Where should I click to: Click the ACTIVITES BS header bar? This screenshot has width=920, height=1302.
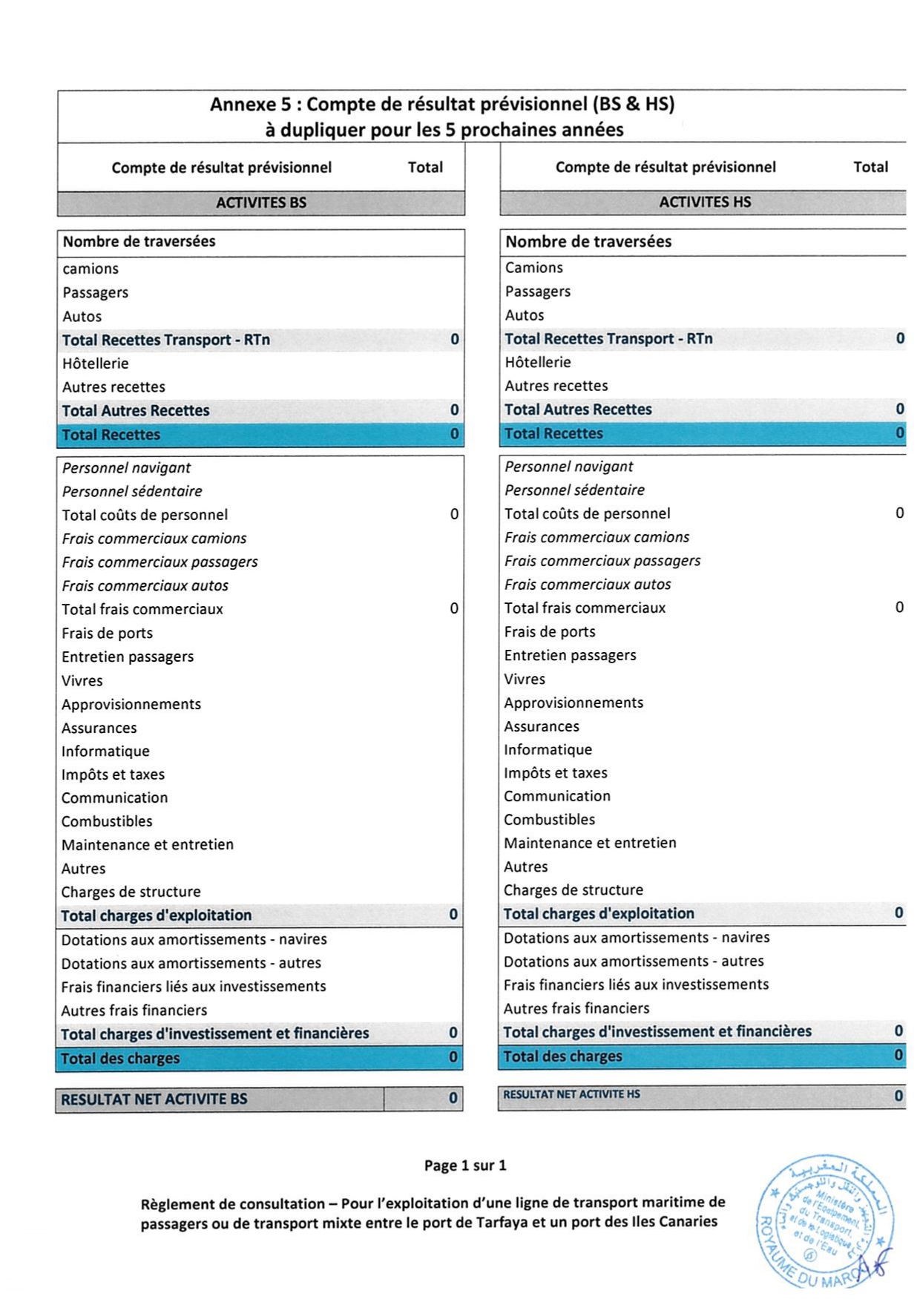point(260,203)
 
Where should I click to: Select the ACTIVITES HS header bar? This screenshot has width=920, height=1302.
point(704,202)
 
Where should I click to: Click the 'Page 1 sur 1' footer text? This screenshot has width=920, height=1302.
point(465,1165)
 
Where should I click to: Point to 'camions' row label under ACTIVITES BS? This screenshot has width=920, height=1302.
point(91,269)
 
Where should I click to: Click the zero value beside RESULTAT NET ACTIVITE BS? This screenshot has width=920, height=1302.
point(453,1099)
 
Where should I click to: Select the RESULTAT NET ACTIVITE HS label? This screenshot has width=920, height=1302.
point(571,1094)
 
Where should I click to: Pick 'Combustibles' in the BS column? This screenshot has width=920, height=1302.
point(107,821)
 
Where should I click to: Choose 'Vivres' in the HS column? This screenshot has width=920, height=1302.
point(525,679)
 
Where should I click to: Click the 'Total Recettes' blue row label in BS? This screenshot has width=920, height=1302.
point(111,435)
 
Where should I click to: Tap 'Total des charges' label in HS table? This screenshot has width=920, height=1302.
point(562,1056)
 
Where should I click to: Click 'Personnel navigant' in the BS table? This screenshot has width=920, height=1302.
point(126,468)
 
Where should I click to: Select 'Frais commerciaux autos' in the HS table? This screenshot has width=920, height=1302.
point(588,585)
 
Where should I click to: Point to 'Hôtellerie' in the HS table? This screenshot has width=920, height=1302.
point(538,363)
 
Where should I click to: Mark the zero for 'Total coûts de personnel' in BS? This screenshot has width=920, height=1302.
point(454,514)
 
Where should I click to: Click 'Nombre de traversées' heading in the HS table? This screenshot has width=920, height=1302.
point(588,242)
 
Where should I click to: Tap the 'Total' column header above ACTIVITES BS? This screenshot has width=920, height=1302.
point(425,168)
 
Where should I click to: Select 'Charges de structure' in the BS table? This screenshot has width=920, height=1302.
point(131,892)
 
